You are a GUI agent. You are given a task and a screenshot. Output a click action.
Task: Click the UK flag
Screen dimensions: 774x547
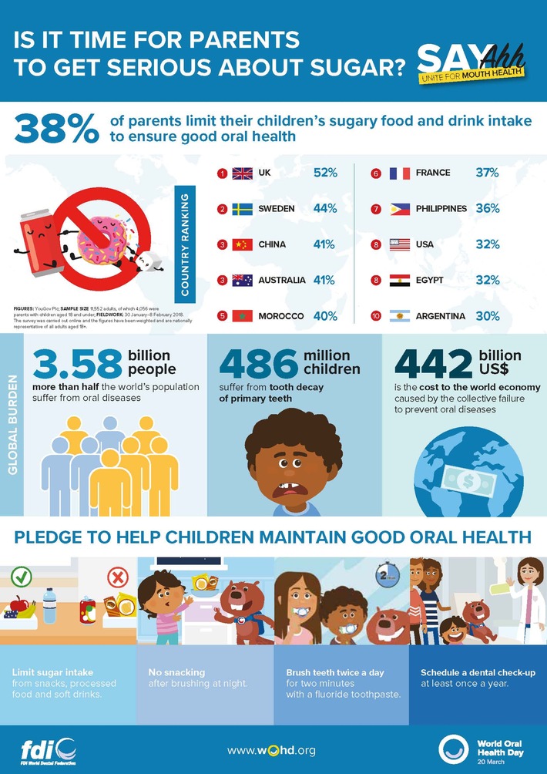[242, 173]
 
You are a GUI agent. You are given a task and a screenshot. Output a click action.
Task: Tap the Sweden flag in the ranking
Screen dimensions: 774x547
[242, 209]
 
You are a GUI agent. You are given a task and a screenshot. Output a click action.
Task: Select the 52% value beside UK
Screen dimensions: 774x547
[325, 173]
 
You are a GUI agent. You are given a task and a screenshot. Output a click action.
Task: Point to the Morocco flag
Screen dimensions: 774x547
[242, 316]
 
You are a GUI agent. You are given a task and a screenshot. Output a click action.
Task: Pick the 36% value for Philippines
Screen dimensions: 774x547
[488, 209]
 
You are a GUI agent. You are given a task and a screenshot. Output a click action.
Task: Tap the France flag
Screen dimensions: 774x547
[400, 173]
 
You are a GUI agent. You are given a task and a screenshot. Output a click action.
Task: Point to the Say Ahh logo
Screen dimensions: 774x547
[471, 61]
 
